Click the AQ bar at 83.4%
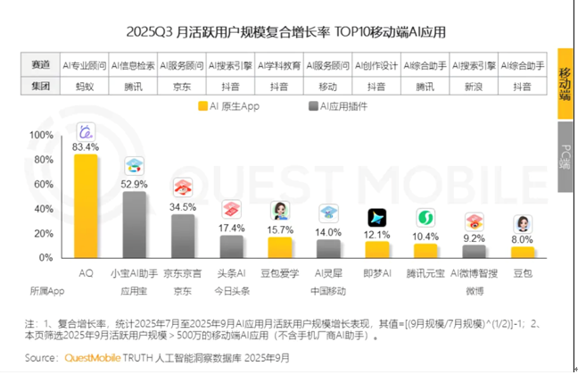(x=86, y=205)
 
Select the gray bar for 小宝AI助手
(x=135, y=224)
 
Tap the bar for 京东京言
(x=183, y=236)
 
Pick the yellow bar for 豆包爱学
(x=280, y=247)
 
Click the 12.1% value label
(x=377, y=235)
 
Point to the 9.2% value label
(x=474, y=238)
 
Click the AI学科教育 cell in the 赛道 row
(x=279, y=66)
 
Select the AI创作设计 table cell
(x=376, y=66)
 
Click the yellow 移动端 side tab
(x=566, y=87)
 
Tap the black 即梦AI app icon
(x=377, y=218)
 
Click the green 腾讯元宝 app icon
(x=425, y=218)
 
